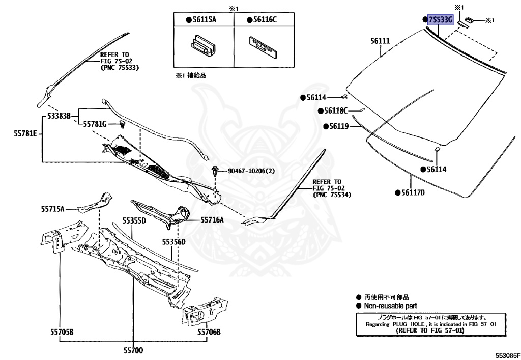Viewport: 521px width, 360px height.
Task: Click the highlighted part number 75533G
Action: [441, 20]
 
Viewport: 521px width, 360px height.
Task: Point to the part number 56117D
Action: [413, 192]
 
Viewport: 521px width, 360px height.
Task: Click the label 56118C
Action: [335, 110]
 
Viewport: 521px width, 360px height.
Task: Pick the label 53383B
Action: [59, 116]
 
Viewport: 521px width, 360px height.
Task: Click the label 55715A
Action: [53, 209]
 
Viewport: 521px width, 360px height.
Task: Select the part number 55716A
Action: [212, 220]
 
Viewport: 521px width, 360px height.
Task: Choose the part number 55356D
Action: [174, 241]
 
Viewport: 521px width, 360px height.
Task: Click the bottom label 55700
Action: [133, 350]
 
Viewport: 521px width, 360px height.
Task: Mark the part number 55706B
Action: [210, 332]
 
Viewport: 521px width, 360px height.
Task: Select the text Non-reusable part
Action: [390, 306]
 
